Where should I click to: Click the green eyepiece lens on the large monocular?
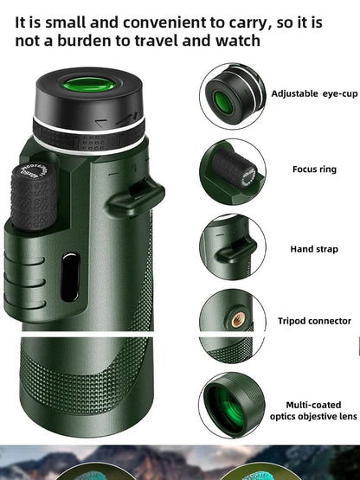(x=87, y=87)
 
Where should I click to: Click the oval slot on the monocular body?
(x=71, y=276)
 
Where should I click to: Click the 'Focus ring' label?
(x=314, y=170)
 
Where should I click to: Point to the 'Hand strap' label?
(x=313, y=249)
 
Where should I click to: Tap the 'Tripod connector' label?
(x=314, y=321)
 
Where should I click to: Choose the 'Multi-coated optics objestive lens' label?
(x=312, y=410)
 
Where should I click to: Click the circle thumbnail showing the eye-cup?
(x=232, y=96)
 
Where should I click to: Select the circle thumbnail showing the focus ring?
(x=232, y=170)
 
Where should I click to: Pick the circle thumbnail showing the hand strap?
(x=232, y=246)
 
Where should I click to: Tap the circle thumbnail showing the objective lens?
(x=232, y=405)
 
